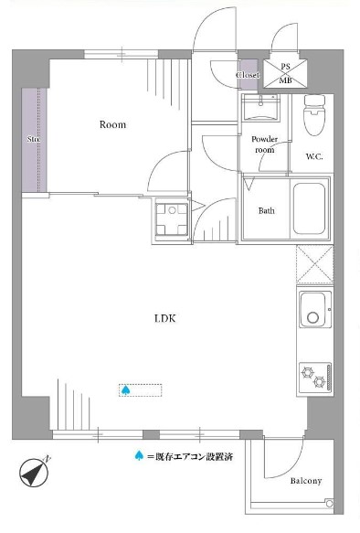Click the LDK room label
tap(165, 318)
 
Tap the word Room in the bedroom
tap(112, 124)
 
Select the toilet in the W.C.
tap(314, 115)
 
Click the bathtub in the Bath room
tap(309, 208)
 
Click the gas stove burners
tap(315, 377)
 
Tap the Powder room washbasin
tap(260, 107)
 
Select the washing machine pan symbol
tap(172, 219)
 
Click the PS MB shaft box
tap(285, 73)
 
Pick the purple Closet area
tap(249, 75)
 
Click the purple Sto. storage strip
tap(34, 139)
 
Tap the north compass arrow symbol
tap(34, 472)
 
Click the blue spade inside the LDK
tap(126, 389)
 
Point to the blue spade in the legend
tap(139, 455)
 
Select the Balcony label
tap(306, 481)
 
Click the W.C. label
tap(314, 156)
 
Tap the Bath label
tap(266, 211)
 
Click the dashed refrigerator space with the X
tap(315, 264)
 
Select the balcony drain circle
tap(329, 503)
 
